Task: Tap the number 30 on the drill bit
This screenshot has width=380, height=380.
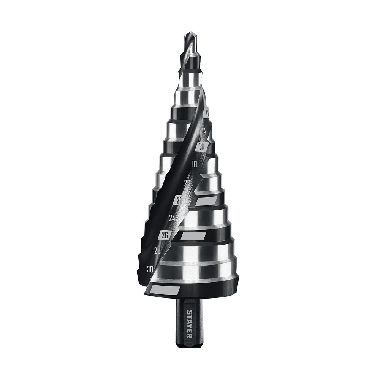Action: point(150,269)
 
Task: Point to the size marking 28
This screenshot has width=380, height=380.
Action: point(157,250)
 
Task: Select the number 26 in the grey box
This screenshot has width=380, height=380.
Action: point(165,235)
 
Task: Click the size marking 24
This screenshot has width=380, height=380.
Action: point(172,218)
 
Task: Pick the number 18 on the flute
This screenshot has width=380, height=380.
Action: point(194,164)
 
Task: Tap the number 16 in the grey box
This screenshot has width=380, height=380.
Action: point(202,147)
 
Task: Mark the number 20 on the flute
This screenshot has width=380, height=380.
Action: point(187,183)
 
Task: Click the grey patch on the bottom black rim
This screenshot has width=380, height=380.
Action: point(164,291)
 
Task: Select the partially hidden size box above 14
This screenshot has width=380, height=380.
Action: point(206,113)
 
